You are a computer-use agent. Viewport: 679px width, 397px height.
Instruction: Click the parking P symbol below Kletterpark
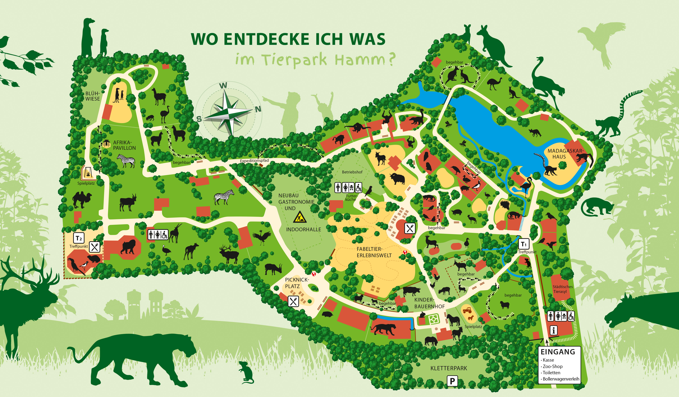pos(452,381)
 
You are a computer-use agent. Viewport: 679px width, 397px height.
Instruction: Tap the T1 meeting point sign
pos(523,244)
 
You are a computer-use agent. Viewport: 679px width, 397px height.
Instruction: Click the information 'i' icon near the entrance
pos(553,330)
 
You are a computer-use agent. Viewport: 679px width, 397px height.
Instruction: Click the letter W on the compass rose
pos(223,86)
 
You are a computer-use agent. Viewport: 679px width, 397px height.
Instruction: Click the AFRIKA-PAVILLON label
pos(124,145)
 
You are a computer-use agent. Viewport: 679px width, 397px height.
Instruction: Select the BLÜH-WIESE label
pos(92,96)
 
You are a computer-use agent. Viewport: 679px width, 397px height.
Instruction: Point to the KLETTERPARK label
pos(449,368)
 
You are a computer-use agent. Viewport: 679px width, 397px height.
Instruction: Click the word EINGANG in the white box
pos(558,352)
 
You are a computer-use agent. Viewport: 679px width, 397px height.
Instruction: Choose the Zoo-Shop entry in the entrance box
pos(552,366)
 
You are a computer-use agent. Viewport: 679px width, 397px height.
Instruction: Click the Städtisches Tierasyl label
pos(563,289)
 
